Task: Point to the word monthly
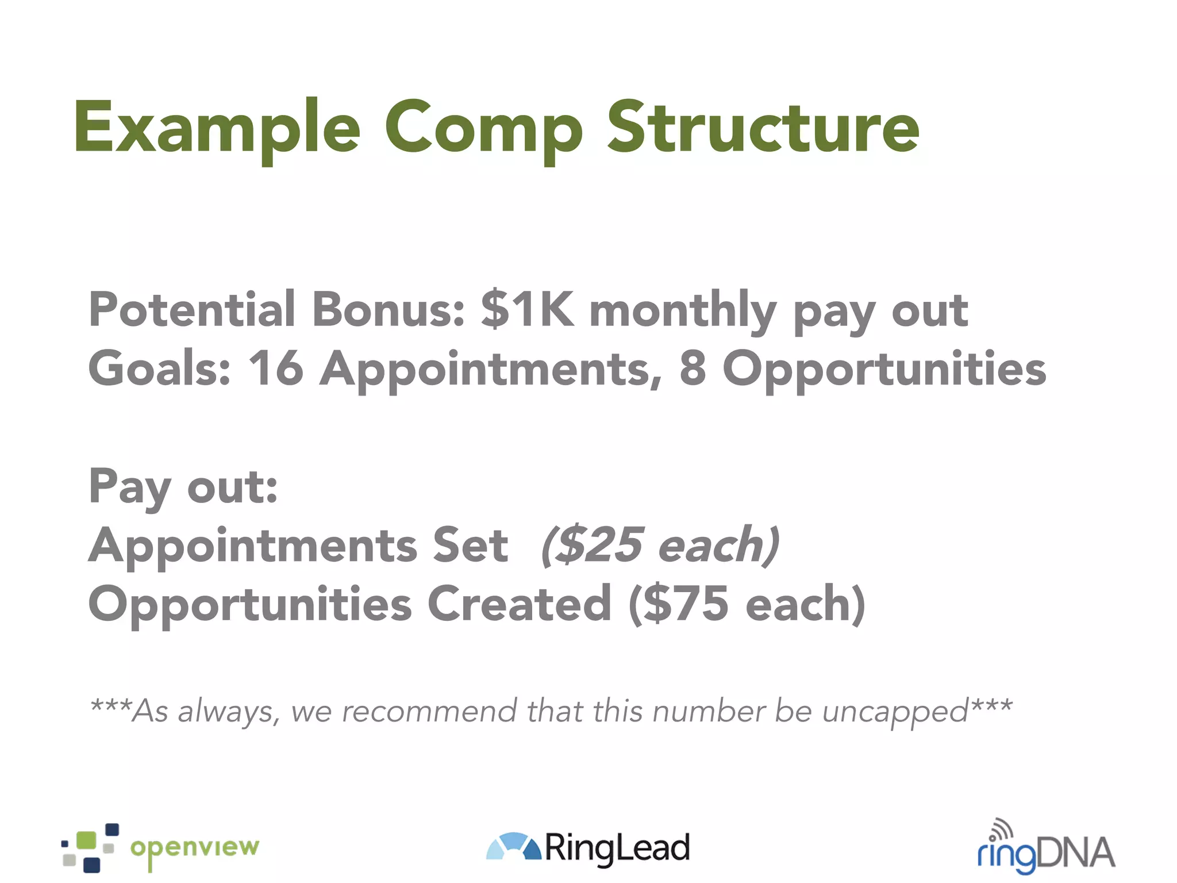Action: pos(683,310)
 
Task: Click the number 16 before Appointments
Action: pos(275,368)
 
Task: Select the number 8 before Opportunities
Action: pos(693,368)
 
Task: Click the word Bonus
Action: pos(389,309)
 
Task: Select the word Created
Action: pos(520,604)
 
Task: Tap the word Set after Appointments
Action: pos(470,545)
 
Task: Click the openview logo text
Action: pos(195,849)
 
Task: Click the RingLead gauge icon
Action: pos(513,846)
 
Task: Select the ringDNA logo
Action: pos(1046,850)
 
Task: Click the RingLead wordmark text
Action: pos(617,849)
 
